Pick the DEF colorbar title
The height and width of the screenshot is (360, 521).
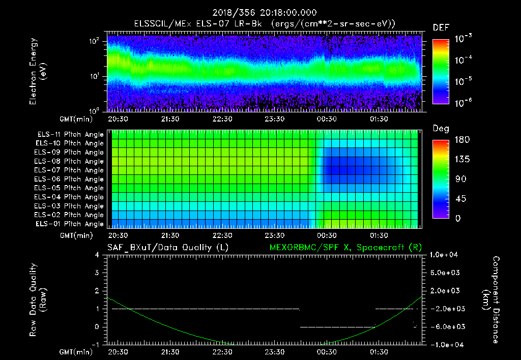click(x=441, y=27)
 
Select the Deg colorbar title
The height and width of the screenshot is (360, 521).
click(x=441, y=129)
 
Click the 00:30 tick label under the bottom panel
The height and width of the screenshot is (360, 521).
click(x=327, y=351)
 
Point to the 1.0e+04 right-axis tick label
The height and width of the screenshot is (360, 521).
click(x=445, y=255)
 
